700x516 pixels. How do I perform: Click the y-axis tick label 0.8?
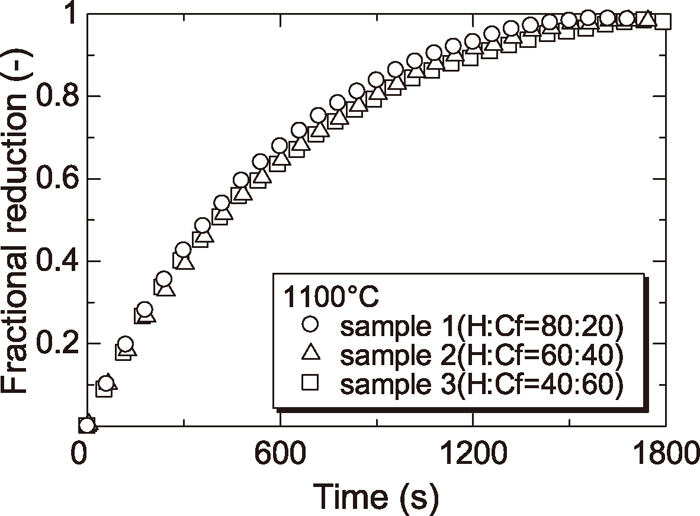tap(51, 97)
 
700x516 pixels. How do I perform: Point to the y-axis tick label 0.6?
tap(51, 180)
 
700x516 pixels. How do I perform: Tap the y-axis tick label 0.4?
tap(51, 262)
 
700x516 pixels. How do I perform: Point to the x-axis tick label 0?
tap(84, 452)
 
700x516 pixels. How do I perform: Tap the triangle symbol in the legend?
tap(310, 354)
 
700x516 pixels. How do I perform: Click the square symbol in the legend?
tap(310, 383)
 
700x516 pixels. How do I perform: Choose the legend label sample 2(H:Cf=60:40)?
tap(481, 355)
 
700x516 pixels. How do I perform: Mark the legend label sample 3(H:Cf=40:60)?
tap(481, 383)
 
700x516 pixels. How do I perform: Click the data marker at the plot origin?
tap(86, 426)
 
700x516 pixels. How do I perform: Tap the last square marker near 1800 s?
tap(661, 20)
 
